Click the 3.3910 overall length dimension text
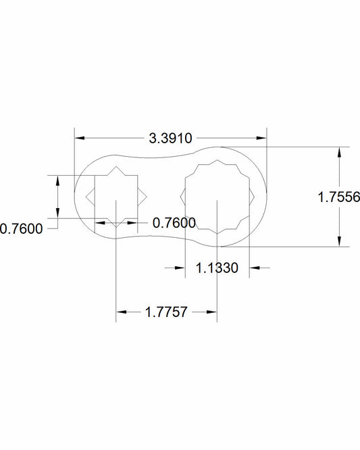[x=170, y=139]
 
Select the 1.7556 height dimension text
[x=339, y=197]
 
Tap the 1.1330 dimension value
[x=217, y=268]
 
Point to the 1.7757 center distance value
[x=166, y=312]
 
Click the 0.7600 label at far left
[x=21, y=229]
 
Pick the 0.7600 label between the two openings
[x=174, y=223]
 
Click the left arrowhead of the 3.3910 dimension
[x=80, y=138]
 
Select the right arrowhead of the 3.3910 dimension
[x=261, y=138]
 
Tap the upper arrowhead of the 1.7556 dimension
[x=339, y=152]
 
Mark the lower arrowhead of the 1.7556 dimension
[x=339, y=241]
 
